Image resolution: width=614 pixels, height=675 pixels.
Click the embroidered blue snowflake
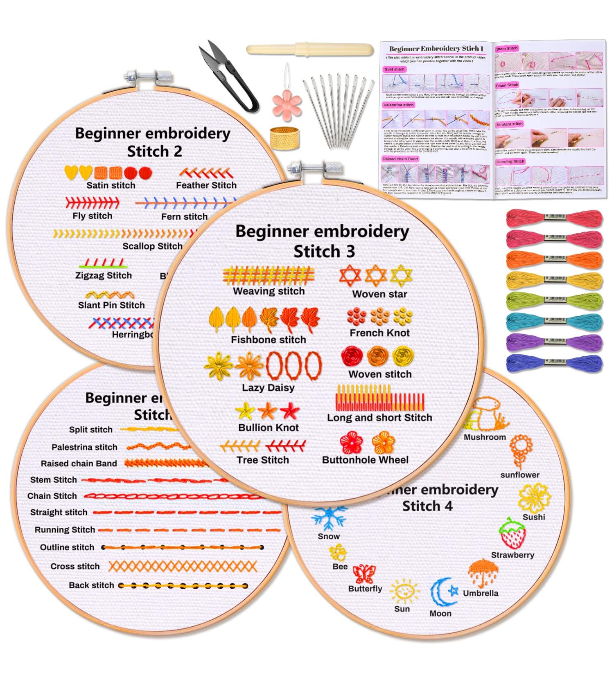(329, 518)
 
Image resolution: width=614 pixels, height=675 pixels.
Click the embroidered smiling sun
(404, 592)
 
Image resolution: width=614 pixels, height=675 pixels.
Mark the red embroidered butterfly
(363, 574)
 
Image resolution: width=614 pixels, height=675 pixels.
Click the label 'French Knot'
(379, 333)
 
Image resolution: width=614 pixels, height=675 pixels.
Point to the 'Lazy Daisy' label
(268, 387)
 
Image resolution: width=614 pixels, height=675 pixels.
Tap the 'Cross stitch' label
(75, 567)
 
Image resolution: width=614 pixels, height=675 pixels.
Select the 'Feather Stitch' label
(206, 185)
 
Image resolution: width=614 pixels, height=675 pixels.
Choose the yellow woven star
(401, 275)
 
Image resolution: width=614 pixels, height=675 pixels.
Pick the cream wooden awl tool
(309, 50)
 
